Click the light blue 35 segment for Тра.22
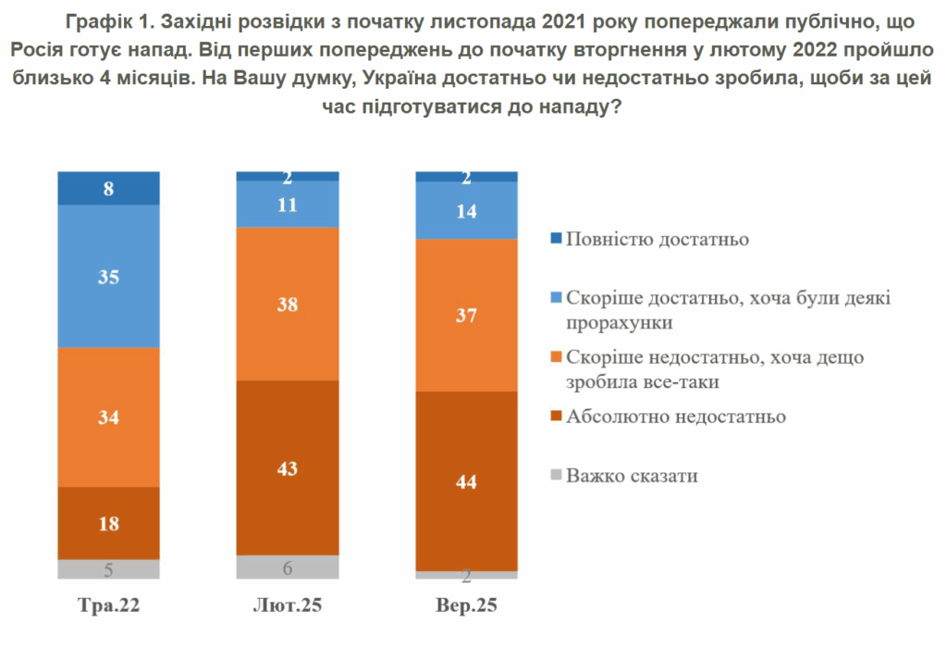click(x=108, y=276)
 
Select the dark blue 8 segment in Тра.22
click(x=108, y=189)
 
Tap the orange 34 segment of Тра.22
click(x=108, y=417)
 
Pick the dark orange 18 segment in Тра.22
click(x=108, y=523)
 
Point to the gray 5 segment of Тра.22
click(x=108, y=569)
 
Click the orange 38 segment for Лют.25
click(x=288, y=304)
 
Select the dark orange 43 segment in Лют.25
click(x=288, y=467)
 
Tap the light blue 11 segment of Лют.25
click(x=288, y=205)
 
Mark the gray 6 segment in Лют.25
click(x=288, y=566)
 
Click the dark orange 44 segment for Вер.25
click(x=466, y=481)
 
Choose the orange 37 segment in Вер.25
click(x=466, y=316)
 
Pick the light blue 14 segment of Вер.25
click(x=466, y=210)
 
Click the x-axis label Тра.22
click(x=108, y=607)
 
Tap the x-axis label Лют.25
click(x=288, y=607)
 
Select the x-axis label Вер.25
click(x=466, y=607)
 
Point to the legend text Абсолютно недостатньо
click(x=675, y=417)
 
